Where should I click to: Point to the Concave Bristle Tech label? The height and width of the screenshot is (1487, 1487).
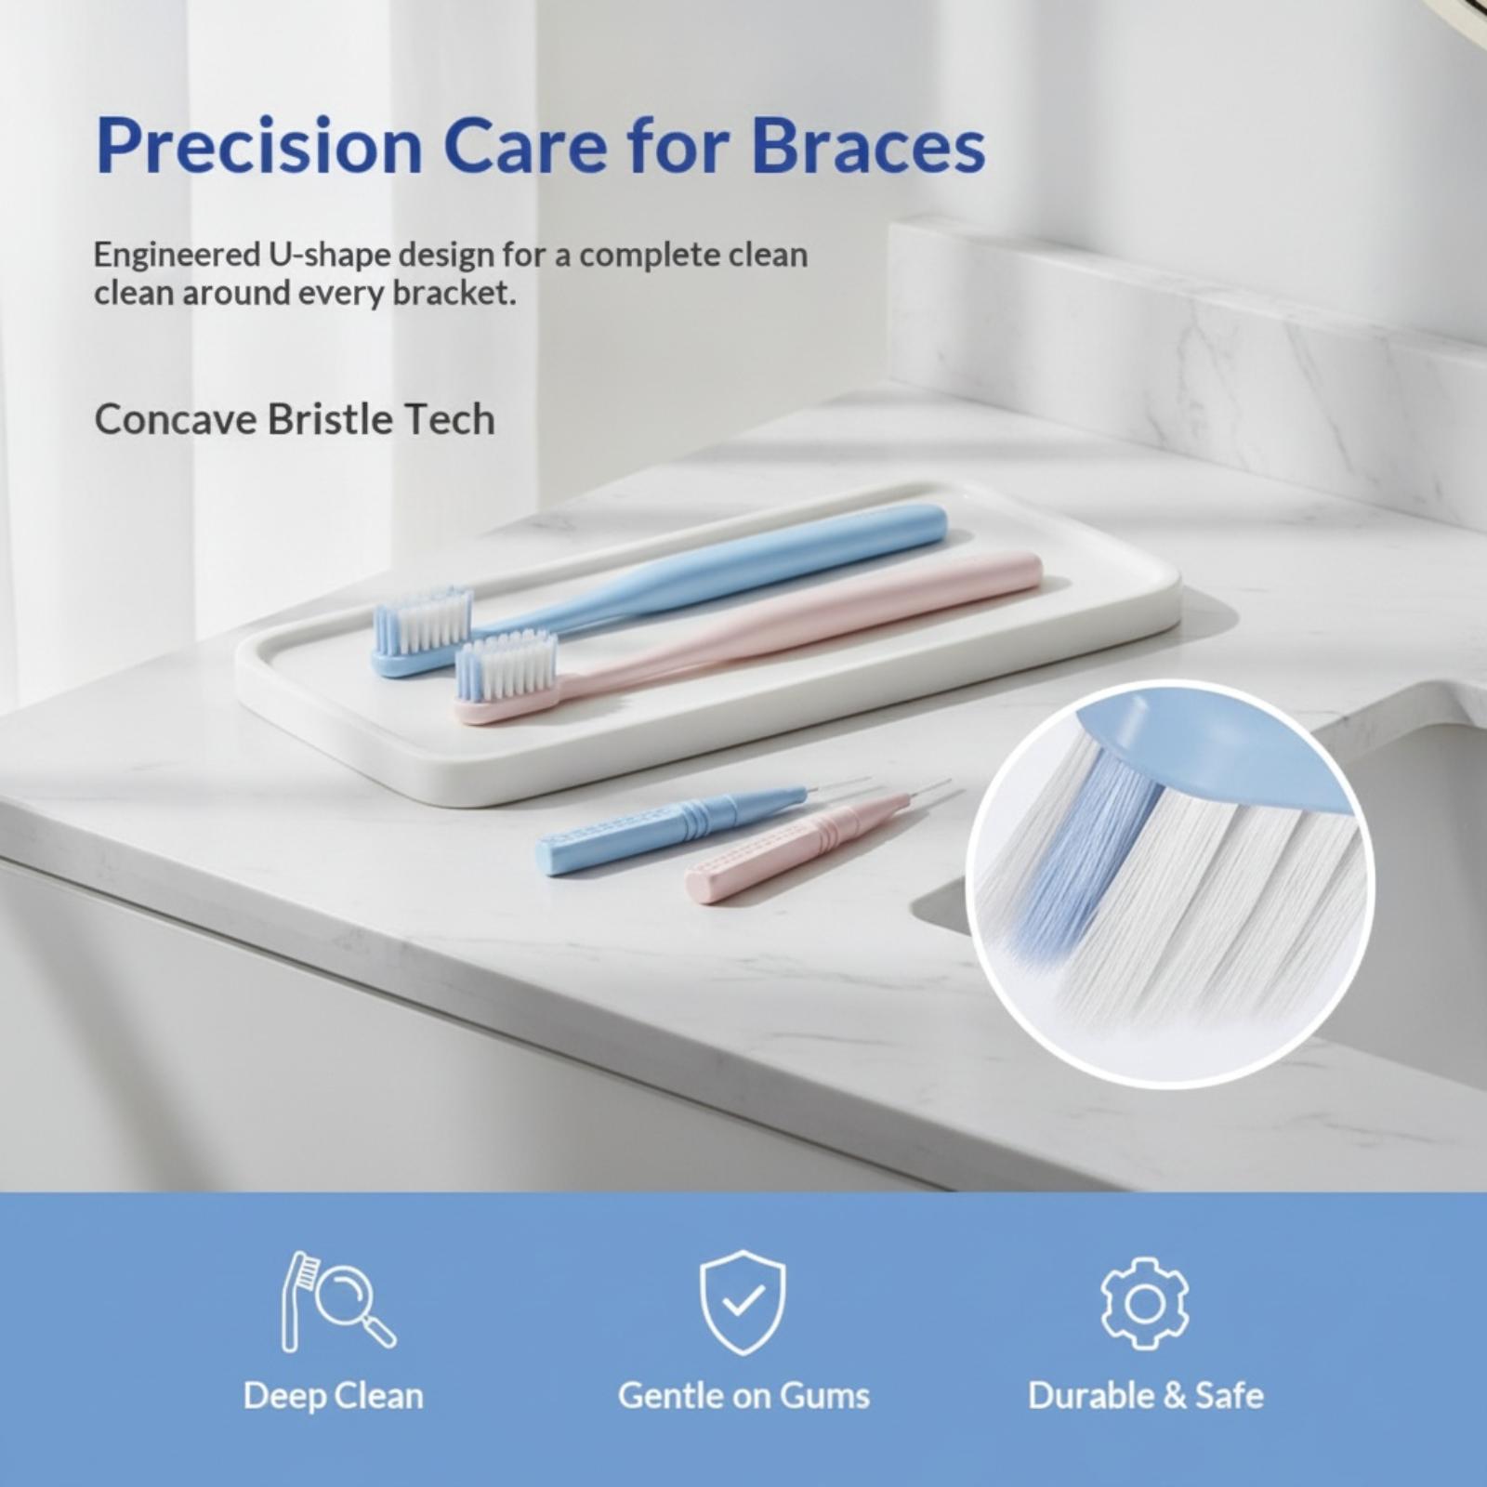295,419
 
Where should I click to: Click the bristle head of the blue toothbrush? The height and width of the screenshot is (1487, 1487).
423,620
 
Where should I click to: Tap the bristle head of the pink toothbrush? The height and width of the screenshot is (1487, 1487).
507,666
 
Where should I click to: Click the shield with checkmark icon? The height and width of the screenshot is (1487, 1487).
743,1301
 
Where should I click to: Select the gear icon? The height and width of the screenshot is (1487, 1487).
1144,1303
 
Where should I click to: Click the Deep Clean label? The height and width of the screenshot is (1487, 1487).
334,1396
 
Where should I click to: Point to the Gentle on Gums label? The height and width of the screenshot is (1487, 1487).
743,1396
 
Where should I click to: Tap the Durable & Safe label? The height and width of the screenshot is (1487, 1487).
1146,1396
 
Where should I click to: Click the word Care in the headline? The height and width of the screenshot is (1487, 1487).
526,147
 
